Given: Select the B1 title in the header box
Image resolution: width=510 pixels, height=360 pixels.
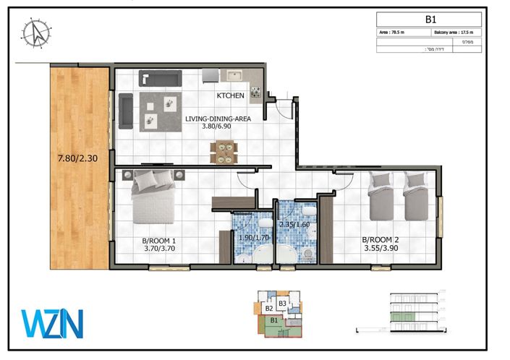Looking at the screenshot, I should pyautogui.click(x=429, y=20).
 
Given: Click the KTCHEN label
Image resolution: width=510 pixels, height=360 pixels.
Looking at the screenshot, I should pyautogui.click(x=230, y=95).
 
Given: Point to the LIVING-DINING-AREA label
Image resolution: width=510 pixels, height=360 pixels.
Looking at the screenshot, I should pyautogui.click(x=218, y=119).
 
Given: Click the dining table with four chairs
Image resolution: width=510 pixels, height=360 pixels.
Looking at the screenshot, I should pyautogui.click(x=223, y=152).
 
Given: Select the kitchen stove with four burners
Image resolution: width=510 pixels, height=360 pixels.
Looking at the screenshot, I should pyautogui.click(x=255, y=92).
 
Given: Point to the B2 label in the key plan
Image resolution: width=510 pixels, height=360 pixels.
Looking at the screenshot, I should pyautogui.click(x=259, y=309).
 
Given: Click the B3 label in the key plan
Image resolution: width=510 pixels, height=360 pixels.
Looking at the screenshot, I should pyautogui.click(x=283, y=303).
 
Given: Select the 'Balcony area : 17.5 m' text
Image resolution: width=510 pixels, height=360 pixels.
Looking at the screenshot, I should pyautogui.click(x=455, y=33).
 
